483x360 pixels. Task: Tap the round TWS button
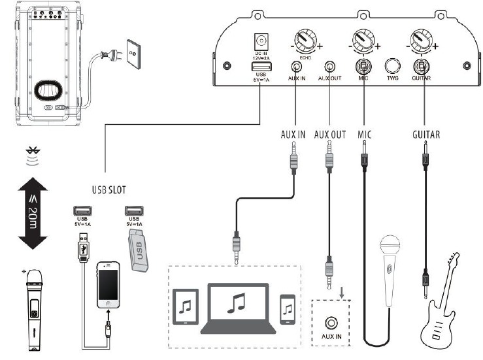tap(392, 67)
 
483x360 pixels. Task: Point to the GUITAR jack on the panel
tap(422, 67)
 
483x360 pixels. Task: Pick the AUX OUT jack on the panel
tap(333, 67)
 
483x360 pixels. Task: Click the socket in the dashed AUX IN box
tap(332, 323)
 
